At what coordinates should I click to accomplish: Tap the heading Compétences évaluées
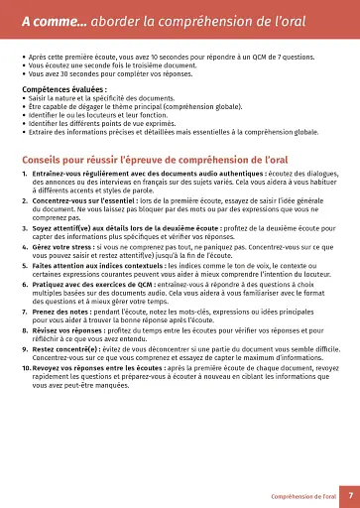pyautogui.click(x=63, y=88)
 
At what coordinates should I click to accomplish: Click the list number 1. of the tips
pyautogui.click(x=27, y=176)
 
